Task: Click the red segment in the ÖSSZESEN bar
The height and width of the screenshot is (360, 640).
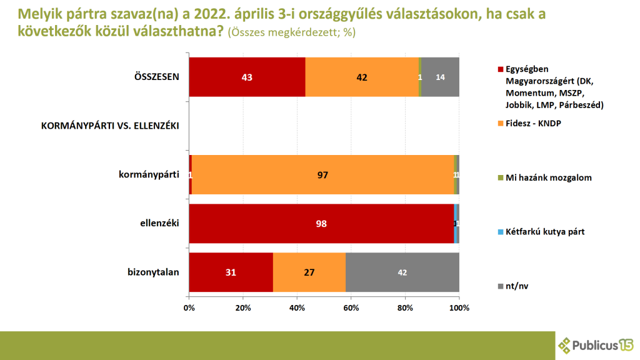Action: pyautogui.click(x=247, y=77)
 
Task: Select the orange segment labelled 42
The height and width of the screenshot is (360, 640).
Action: pyautogui.click(x=362, y=77)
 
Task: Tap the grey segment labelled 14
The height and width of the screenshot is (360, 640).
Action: pyautogui.click(x=441, y=77)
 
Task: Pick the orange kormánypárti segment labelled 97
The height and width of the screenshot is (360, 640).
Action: pyautogui.click(x=322, y=175)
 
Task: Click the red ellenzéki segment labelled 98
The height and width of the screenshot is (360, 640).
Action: pyautogui.click(x=321, y=224)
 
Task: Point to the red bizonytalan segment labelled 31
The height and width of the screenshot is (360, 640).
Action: pyautogui.click(x=231, y=272)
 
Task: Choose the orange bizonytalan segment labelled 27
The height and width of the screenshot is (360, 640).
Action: pyautogui.click(x=309, y=272)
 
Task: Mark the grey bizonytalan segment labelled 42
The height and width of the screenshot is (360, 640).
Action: pyautogui.click(x=402, y=272)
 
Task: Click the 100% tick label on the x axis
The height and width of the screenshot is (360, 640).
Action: pyautogui.click(x=459, y=307)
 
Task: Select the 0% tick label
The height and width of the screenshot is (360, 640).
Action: pyautogui.click(x=189, y=307)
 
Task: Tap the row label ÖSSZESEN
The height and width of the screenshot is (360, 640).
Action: pyautogui.click(x=157, y=77)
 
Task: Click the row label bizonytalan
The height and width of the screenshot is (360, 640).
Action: pyautogui.click(x=153, y=272)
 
